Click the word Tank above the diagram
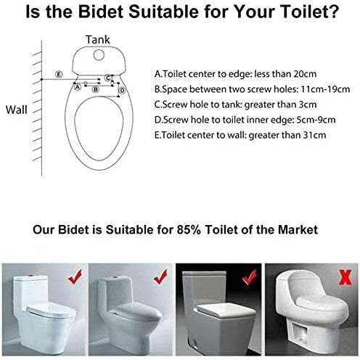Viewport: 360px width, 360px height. click(x=98, y=40)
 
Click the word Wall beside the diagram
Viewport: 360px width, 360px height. click(x=17, y=110)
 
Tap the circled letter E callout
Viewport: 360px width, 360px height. click(x=59, y=74)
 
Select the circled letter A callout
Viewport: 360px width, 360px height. click(x=77, y=86)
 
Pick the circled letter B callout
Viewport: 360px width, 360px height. click(x=96, y=89)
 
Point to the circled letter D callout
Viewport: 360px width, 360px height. click(x=123, y=91)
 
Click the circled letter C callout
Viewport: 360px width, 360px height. click(x=108, y=78)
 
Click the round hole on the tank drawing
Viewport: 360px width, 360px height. click(x=99, y=55)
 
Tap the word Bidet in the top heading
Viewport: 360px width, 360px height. click(x=101, y=12)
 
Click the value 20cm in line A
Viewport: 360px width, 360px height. click(x=305, y=74)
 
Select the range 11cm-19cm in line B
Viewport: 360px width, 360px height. click(x=325, y=89)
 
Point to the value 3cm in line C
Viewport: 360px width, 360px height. click(x=308, y=105)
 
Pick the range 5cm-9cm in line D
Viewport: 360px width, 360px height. click(x=316, y=120)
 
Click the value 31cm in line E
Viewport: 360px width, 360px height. click(x=315, y=135)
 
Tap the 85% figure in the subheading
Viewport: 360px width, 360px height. click(x=189, y=229)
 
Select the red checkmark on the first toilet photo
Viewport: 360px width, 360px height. click(x=75, y=277)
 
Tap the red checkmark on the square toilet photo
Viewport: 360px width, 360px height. click(x=249, y=277)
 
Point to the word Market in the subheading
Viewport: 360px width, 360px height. click(x=298, y=229)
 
